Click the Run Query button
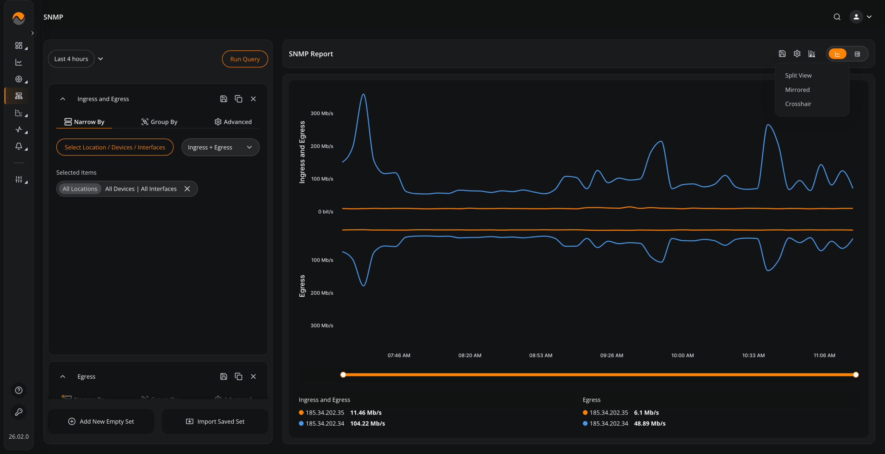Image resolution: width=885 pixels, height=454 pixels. [245, 59]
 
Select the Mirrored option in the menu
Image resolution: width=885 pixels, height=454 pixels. [797, 90]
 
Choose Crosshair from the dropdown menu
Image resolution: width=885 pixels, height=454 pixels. [798, 104]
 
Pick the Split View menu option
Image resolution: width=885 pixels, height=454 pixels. [798, 76]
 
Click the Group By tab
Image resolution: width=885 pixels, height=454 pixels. [159, 122]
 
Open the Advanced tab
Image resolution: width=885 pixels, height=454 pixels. [233, 122]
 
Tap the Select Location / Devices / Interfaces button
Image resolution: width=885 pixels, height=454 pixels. [115, 147]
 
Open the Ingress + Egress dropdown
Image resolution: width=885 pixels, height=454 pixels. [220, 147]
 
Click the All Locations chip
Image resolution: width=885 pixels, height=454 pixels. [80, 189]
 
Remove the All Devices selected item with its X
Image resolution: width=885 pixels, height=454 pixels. [187, 189]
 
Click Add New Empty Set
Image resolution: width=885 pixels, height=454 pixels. [101, 421]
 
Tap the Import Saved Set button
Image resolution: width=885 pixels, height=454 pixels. [215, 421]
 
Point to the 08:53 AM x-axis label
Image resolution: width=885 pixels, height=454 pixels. [541, 355]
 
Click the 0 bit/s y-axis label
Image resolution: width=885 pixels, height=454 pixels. [326, 212]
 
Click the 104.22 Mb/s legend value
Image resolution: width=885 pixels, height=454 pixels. [367, 424]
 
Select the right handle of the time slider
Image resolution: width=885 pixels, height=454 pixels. [856, 375]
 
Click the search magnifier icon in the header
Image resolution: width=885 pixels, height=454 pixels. [837, 17]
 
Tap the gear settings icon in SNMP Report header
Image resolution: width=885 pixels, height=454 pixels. [797, 54]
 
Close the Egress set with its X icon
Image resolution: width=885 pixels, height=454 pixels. [253, 377]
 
